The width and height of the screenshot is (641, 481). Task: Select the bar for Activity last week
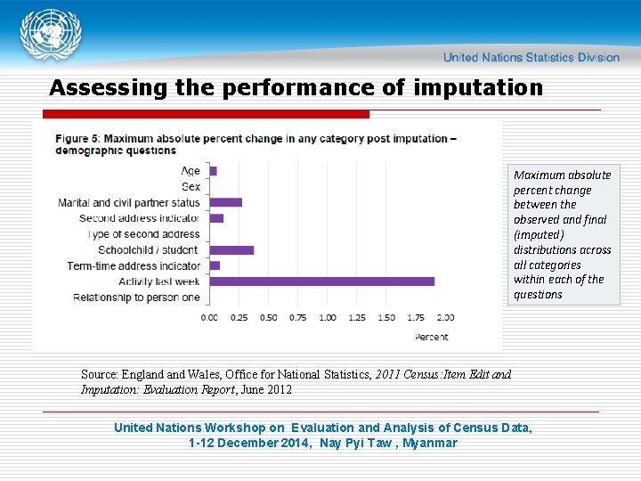coord(321,281)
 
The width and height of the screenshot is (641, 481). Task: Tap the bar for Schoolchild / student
coord(231,250)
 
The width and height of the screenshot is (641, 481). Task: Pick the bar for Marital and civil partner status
coord(226,202)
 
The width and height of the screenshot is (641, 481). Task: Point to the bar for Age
coord(214,171)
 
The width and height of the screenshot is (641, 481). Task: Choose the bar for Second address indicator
coord(216,218)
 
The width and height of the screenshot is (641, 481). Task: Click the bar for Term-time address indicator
coord(215,265)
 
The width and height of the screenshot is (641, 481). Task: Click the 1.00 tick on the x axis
coord(328,317)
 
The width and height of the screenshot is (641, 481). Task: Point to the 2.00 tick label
coord(446,317)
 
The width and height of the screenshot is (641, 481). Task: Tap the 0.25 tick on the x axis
coord(239,317)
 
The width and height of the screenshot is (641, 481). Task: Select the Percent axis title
coord(432,337)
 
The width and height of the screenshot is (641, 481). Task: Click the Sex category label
coord(191,186)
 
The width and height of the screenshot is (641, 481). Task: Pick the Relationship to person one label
coord(136,297)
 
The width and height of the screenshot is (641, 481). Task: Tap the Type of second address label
coord(144,234)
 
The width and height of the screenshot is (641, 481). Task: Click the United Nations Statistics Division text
coord(531,58)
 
